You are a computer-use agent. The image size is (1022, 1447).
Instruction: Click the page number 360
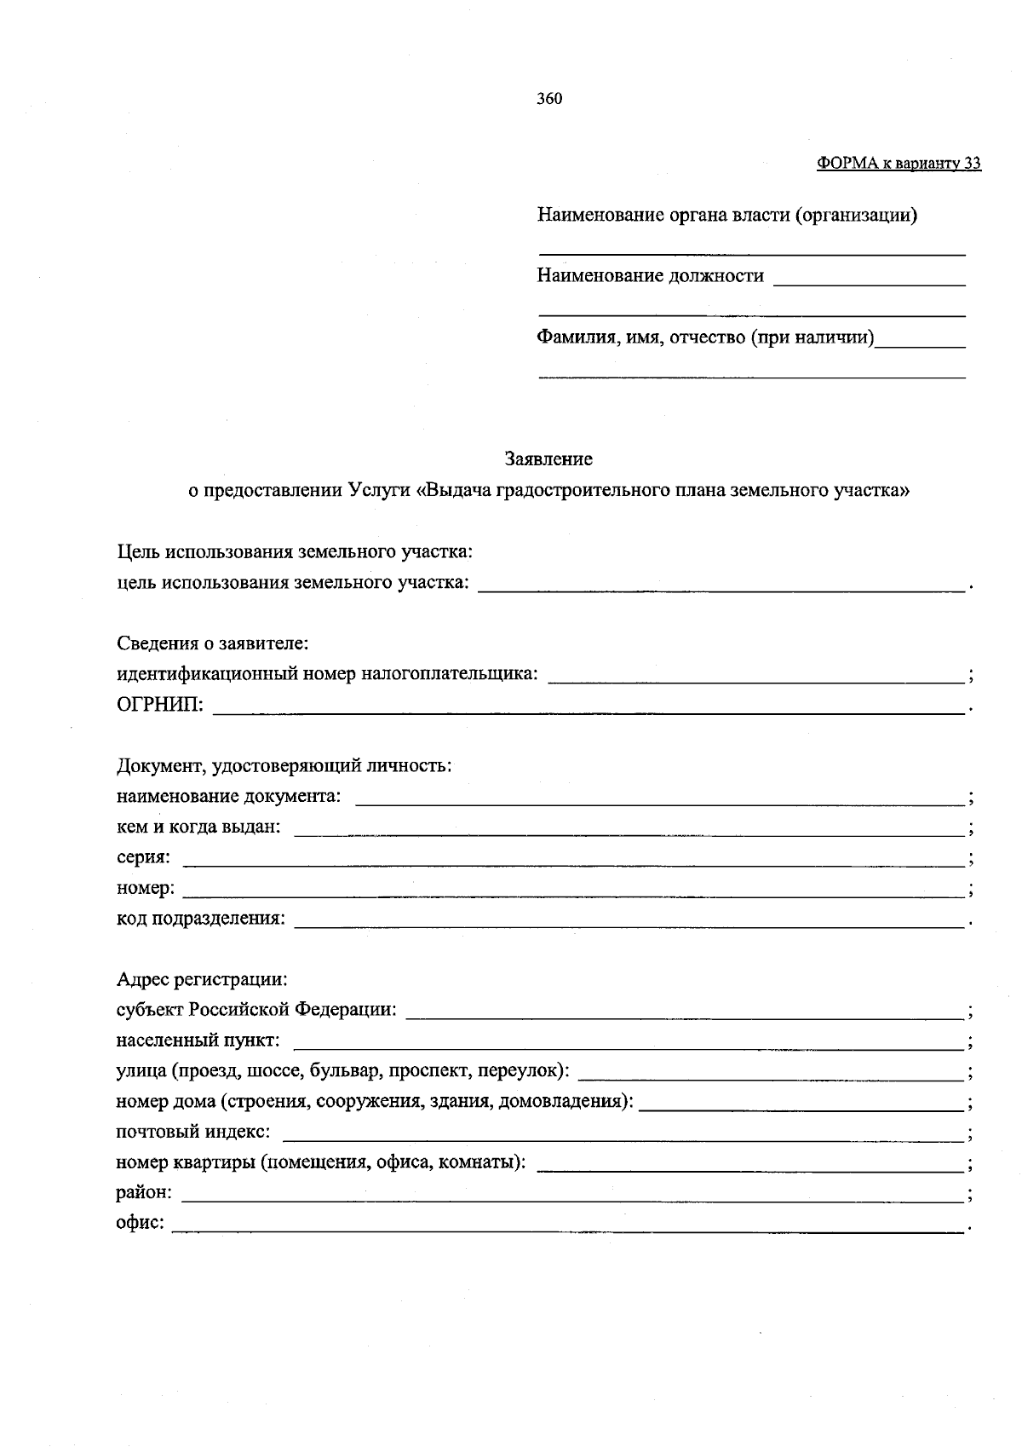pos(549,99)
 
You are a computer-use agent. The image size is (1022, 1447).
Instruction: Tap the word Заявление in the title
pos(548,459)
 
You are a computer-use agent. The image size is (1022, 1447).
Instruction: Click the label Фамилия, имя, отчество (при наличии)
pos(705,337)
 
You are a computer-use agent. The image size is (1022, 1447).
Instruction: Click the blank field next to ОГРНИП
pos(588,707)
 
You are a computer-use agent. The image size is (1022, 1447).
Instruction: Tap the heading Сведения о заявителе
pos(212,643)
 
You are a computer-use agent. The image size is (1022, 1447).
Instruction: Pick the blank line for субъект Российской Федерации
pos(685,1013)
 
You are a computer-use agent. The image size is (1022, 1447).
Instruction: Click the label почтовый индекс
pos(193,1132)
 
